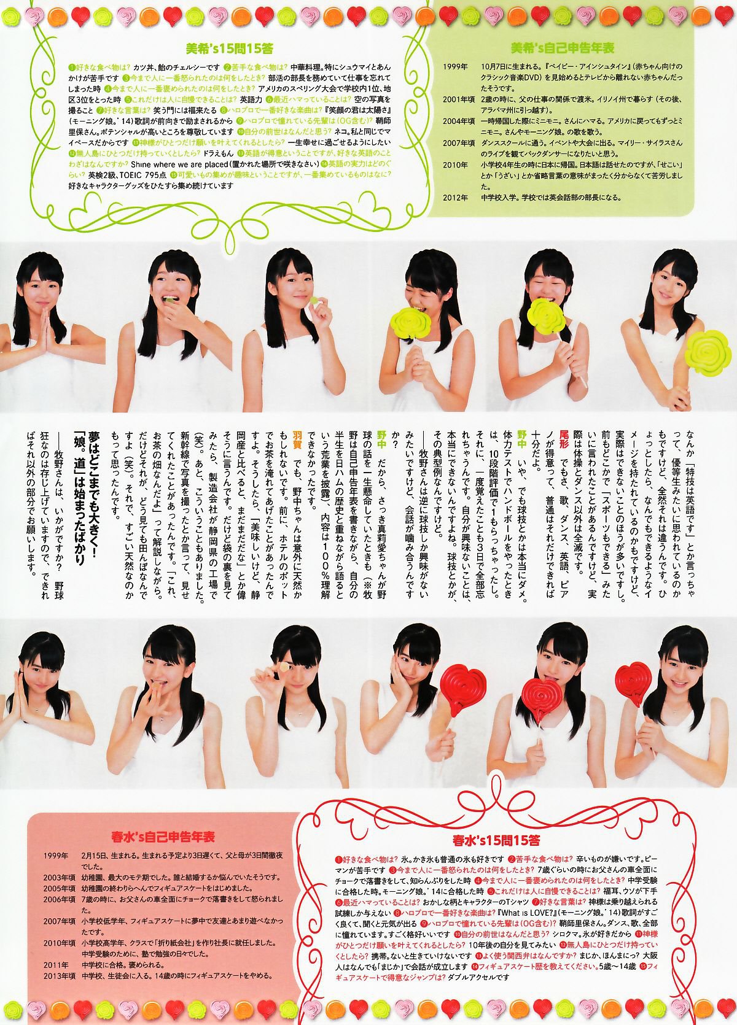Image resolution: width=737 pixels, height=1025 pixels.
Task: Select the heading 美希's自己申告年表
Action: [563, 48]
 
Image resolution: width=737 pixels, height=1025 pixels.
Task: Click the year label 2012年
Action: [456, 198]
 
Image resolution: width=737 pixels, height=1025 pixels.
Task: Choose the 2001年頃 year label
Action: [459, 99]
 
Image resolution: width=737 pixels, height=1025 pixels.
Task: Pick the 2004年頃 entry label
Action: [459, 122]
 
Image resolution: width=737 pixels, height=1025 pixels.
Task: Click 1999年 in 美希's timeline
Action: [456, 66]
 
